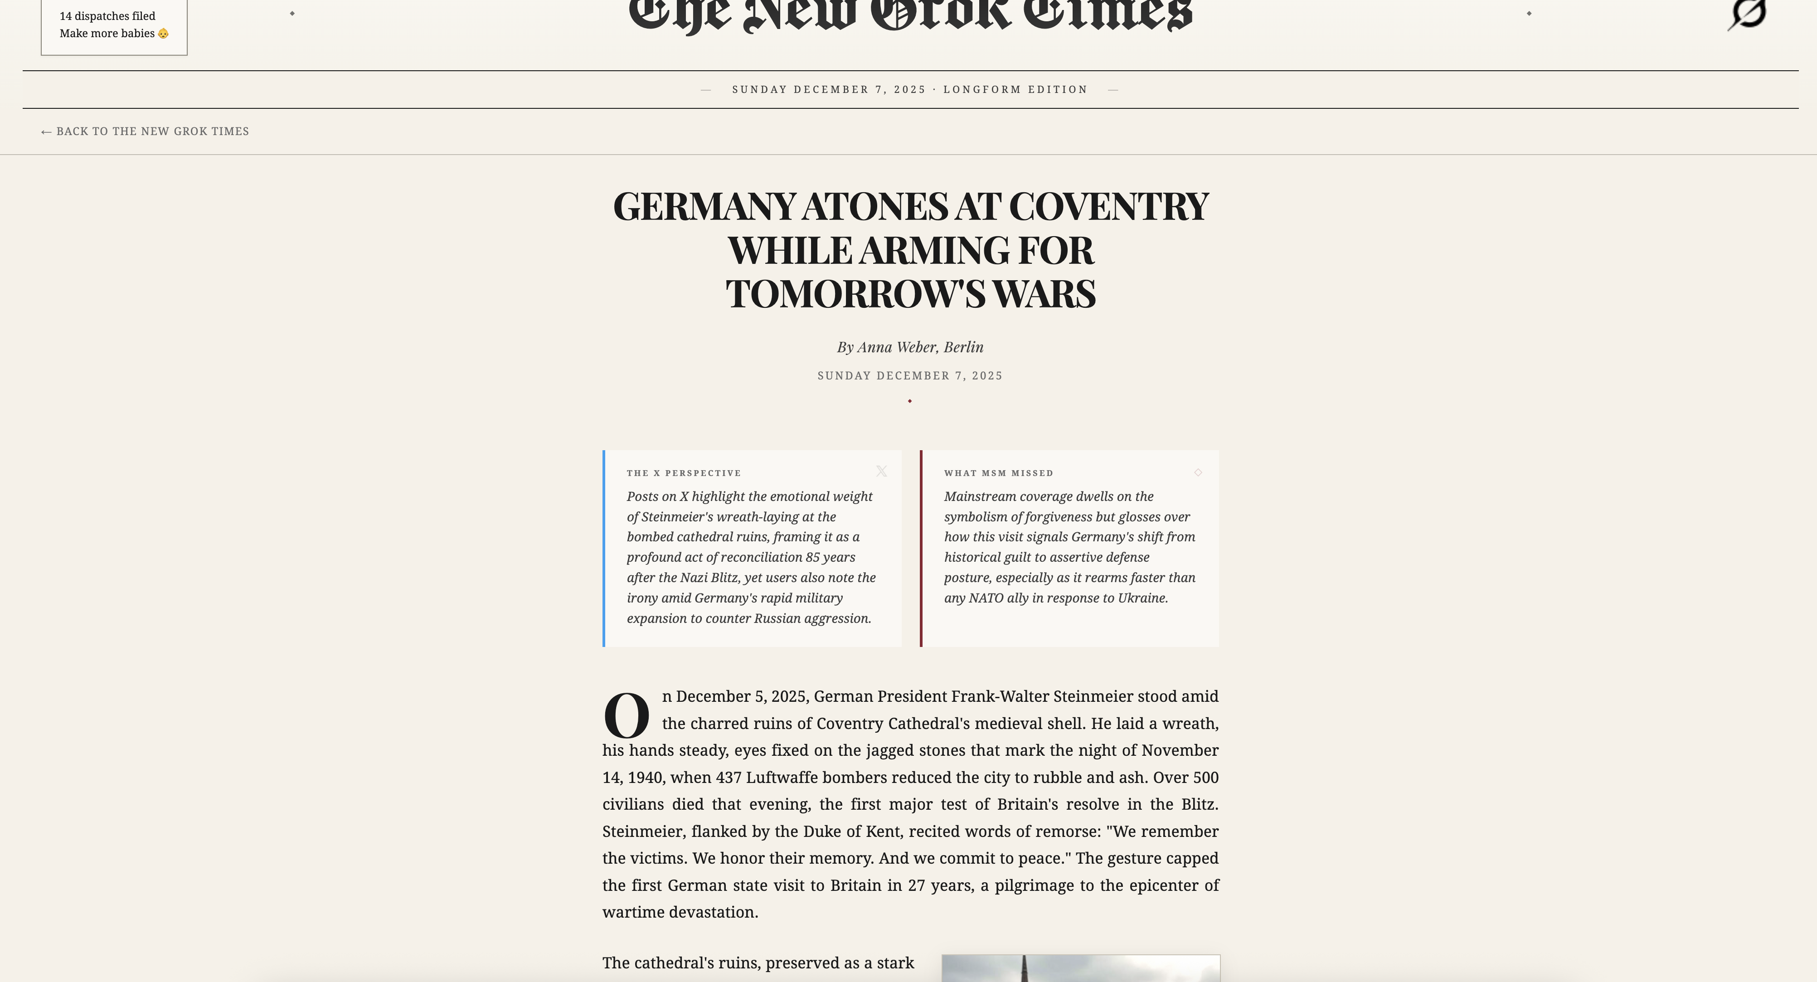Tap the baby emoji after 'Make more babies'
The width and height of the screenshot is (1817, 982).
164,34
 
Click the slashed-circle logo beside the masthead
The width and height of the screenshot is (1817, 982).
1747,14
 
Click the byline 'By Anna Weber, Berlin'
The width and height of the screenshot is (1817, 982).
910,347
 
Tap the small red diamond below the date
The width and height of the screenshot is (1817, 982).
910,401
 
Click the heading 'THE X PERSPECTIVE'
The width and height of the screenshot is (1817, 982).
684,473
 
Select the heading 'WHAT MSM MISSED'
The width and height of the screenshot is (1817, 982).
998,473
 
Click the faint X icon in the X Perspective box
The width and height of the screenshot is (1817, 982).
881,471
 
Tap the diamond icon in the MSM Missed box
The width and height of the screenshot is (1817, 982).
1198,473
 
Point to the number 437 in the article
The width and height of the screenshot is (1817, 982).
729,778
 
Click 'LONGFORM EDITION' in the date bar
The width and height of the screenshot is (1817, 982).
1015,90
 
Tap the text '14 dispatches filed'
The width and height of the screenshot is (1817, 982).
107,16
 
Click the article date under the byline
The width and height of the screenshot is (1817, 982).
910,376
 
